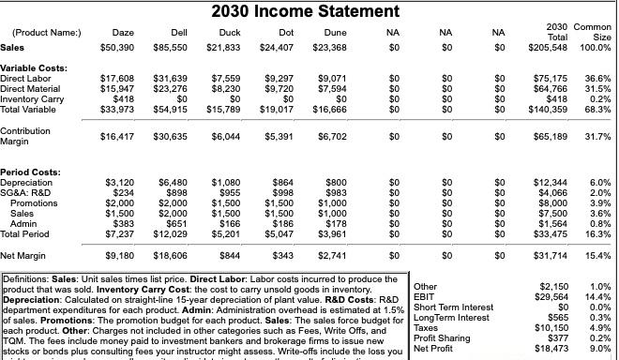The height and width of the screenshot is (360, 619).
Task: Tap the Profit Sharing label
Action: click(x=442, y=337)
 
